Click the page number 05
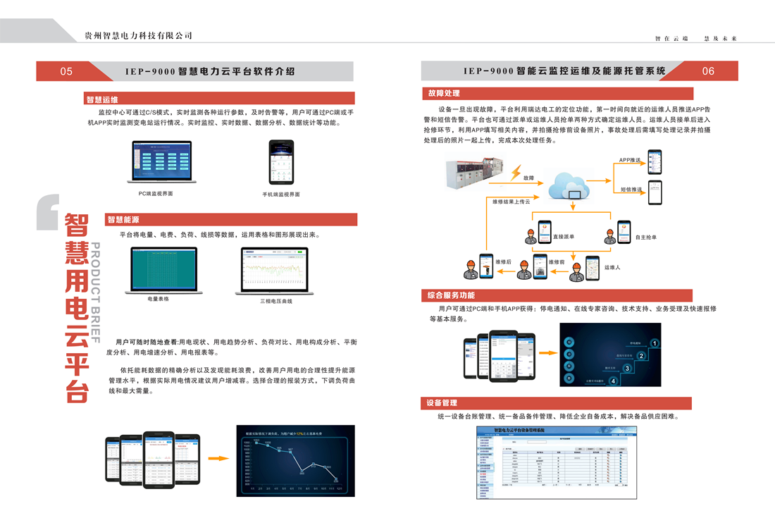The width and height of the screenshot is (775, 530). pyautogui.click(x=66, y=71)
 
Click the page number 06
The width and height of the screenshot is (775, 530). pyautogui.click(x=708, y=71)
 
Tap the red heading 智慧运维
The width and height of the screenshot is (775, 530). pyautogui.click(x=102, y=99)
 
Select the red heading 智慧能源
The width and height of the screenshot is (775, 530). pyautogui.click(x=123, y=220)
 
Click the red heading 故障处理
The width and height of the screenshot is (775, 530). pyautogui.click(x=443, y=93)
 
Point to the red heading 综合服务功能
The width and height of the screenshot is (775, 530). pyautogui.click(x=451, y=295)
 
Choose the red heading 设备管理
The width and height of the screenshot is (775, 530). pyautogui.click(x=442, y=402)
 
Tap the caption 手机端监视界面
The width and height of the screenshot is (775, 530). pyautogui.click(x=281, y=194)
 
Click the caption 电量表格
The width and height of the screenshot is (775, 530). pyautogui.click(x=159, y=299)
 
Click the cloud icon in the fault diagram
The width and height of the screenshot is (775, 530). pyautogui.click(x=573, y=186)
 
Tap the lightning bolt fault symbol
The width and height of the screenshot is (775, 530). pyautogui.click(x=517, y=173)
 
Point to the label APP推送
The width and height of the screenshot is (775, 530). pyautogui.click(x=630, y=161)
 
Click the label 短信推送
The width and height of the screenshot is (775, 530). pyautogui.click(x=631, y=190)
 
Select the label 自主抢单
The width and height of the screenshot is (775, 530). pyautogui.click(x=645, y=238)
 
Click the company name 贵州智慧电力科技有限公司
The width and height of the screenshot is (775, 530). pyautogui.click(x=138, y=35)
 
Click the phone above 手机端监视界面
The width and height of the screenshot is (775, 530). pyautogui.click(x=280, y=161)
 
